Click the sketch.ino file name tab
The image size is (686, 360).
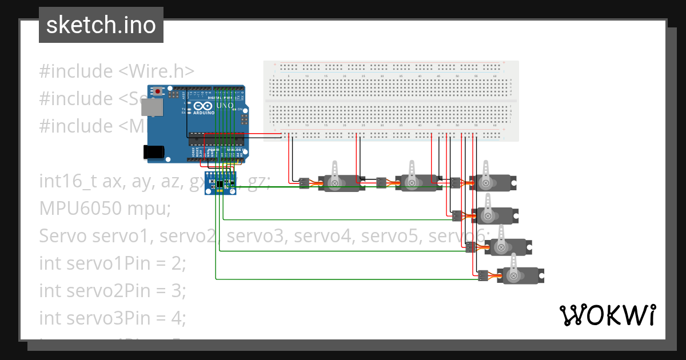click(101, 25)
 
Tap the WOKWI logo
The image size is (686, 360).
click(607, 315)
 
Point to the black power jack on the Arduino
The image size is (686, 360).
click(153, 151)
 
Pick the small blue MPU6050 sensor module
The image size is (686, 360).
click(222, 183)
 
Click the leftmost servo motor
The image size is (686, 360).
click(340, 182)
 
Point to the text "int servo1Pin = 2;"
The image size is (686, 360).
click(113, 263)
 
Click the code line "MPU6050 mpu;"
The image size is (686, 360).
click(105, 209)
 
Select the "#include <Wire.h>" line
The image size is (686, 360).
click(117, 71)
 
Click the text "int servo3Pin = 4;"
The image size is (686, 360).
click(113, 317)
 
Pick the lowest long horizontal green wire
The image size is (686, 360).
click(343, 279)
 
